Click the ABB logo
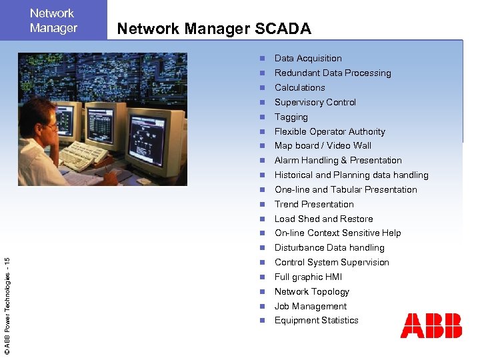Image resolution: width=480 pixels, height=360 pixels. [x=431, y=325]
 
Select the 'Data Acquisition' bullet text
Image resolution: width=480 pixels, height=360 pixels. [x=308, y=59]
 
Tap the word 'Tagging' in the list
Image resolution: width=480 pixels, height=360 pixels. [x=291, y=117]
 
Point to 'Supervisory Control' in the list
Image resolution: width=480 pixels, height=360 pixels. [x=315, y=102]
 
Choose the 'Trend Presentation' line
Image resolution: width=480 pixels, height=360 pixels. [x=314, y=204]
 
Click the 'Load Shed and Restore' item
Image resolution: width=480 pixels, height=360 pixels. [x=323, y=219]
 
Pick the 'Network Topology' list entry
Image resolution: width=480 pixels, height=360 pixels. [x=311, y=291]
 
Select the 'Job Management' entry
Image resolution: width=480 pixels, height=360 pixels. [x=311, y=306]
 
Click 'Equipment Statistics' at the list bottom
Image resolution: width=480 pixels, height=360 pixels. [x=316, y=321]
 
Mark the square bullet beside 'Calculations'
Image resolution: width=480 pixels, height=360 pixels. [x=263, y=88]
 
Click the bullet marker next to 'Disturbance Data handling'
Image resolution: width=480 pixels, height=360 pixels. [x=263, y=248]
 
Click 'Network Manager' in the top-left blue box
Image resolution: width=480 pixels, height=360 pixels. [x=53, y=21]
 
